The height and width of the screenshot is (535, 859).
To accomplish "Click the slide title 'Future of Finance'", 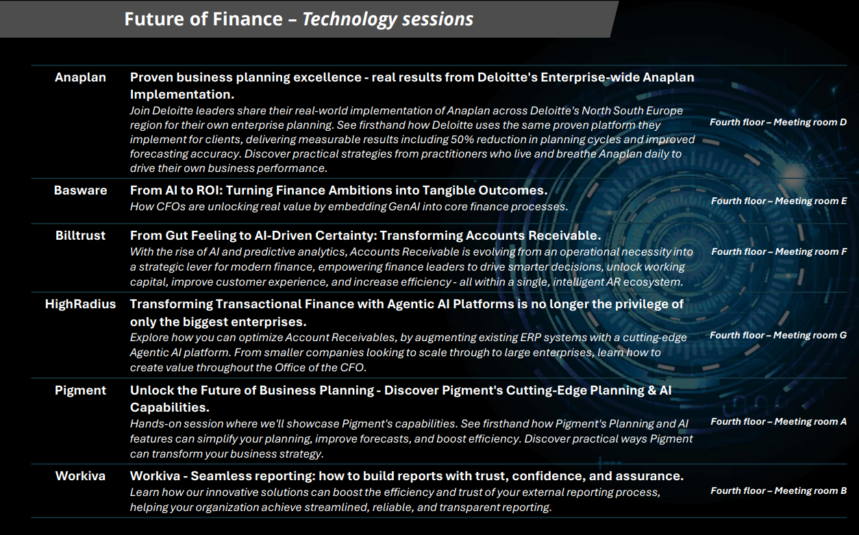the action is click(203, 18).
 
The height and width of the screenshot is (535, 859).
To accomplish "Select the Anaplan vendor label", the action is click(80, 77).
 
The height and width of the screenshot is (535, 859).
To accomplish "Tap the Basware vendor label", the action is click(80, 190).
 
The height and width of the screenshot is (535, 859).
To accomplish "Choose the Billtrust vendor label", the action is click(80, 236).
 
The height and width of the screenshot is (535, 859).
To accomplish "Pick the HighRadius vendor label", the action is click(80, 304).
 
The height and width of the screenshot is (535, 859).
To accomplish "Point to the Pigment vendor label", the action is click(80, 390).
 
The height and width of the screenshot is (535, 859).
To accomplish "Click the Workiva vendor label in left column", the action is click(80, 476).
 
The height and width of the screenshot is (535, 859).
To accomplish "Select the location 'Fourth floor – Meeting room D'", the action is click(778, 123).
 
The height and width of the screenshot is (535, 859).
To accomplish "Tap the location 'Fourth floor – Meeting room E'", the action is click(779, 201).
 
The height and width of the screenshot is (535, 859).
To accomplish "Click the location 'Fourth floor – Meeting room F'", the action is click(779, 251).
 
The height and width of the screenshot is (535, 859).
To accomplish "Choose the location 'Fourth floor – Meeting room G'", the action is click(778, 335).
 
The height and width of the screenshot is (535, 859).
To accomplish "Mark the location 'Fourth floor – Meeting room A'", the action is click(778, 421).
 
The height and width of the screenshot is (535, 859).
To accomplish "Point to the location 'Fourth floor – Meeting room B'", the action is click(778, 490).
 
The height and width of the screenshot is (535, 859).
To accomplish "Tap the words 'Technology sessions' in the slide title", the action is click(388, 19).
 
